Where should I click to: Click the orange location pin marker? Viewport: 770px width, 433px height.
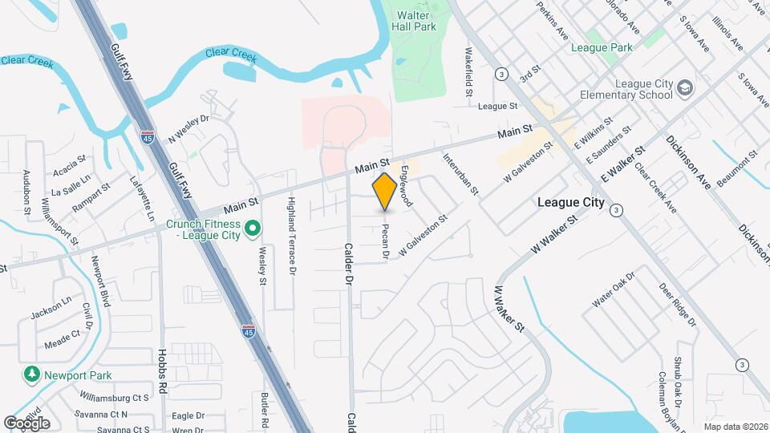click(385, 192)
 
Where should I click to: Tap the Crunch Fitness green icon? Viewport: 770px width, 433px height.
click(253, 231)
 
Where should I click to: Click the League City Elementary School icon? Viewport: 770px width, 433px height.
click(684, 87)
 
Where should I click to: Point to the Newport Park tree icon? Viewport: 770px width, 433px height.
click(31, 374)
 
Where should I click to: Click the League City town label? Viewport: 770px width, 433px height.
click(570, 203)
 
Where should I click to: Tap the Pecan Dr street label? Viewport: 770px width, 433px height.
click(386, 238)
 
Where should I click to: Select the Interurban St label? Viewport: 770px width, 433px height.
click(460, 175)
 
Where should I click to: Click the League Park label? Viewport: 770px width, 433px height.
click(602, 47)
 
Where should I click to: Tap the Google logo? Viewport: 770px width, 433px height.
click(26, 423)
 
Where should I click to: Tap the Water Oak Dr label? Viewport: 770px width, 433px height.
click(614, 289)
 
